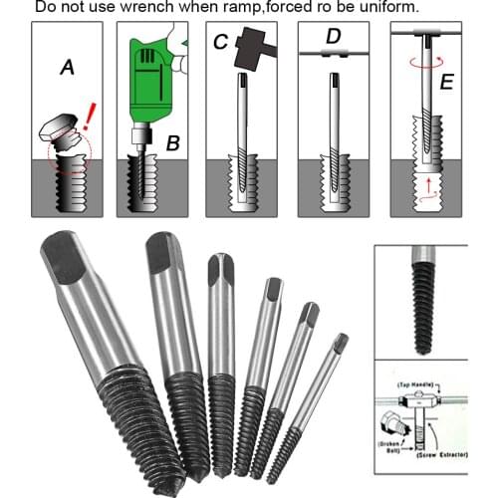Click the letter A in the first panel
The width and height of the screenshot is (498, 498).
(67, 68)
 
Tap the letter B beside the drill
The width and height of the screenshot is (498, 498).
(172, 143)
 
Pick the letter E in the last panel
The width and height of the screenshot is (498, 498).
(446, 82)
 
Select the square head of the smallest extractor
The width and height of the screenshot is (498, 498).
(341, 344)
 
